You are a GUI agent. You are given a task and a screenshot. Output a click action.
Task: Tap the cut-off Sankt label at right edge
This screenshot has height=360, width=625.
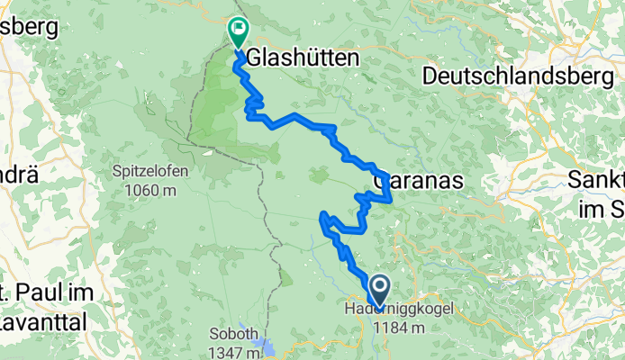tap(597, 181)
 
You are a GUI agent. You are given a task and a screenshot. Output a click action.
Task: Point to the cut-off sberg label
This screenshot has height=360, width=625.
tap(27, 27)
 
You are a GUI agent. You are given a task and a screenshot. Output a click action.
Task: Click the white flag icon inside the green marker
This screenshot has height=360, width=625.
tap(239, 29)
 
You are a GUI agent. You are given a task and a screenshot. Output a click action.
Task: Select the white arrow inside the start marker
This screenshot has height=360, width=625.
tap(378, 289)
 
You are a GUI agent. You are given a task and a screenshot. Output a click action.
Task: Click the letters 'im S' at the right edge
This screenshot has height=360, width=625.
tap(603, 208)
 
